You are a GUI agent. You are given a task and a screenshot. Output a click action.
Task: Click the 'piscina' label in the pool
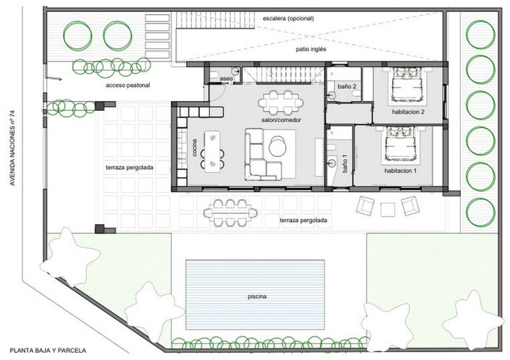point(257,297)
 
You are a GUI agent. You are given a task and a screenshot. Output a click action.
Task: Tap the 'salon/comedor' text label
point(281,119)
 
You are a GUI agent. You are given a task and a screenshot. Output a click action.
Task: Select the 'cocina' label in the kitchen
point(195,148)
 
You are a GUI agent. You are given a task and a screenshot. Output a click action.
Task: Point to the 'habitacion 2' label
point(408,112)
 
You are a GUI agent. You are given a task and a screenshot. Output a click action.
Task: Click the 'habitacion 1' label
point(401,171)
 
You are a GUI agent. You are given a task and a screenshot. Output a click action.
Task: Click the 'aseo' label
point(226,78)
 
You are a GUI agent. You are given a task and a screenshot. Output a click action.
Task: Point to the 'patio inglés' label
point(313,51)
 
